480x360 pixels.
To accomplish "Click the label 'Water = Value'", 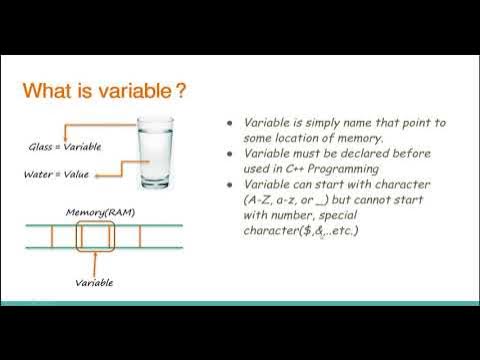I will coord(63,174).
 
